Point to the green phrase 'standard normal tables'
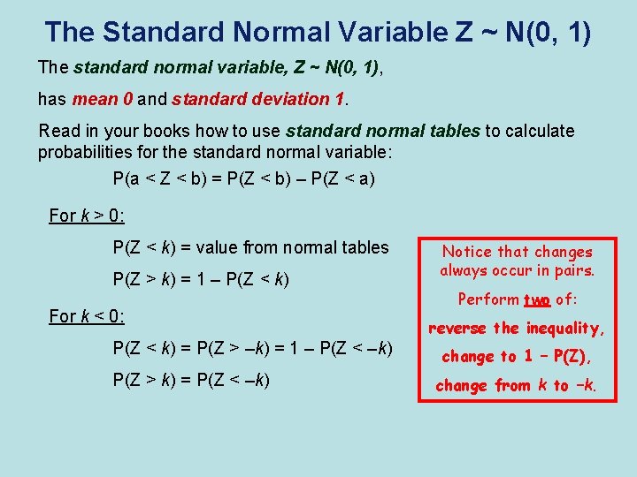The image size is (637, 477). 383,131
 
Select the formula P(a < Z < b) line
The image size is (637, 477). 244,179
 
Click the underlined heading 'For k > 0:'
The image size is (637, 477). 87,216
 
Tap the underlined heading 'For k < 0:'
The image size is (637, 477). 87,315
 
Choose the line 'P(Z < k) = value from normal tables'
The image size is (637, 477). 251,247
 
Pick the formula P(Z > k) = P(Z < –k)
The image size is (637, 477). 192,381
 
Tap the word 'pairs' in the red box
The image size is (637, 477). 572,270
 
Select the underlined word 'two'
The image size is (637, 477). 538,299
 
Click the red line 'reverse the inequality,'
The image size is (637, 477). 517,329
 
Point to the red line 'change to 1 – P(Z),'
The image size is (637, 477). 517,357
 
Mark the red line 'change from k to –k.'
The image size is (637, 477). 517,385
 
